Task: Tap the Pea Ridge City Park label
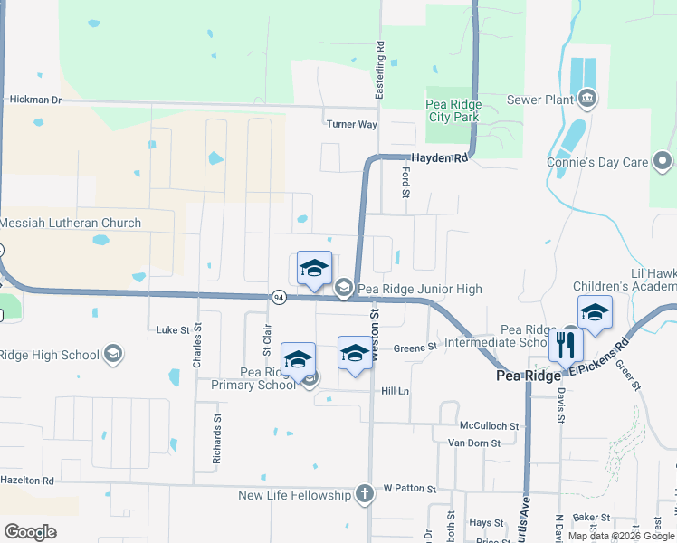coord(453,110)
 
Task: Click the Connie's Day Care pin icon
coord(662,162)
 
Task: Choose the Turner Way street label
coord(351,124)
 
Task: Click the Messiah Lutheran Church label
coord(71,223)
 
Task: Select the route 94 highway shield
coord(279,297)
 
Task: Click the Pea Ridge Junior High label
coord(419,289)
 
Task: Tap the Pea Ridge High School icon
coord(113,353)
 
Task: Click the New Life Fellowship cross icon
coord(363,494)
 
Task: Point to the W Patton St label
coord(409,489)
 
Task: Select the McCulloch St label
coord(489,425)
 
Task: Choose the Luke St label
coord(172,330)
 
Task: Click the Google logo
coord(30,532)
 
